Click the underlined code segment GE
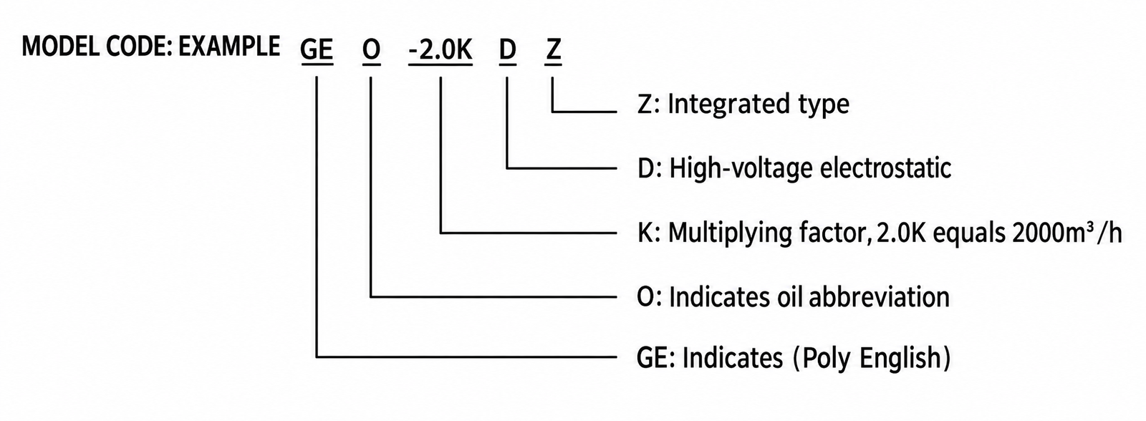point(317,51)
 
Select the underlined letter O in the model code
point(372,51)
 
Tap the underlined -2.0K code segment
point(440,51)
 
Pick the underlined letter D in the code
point(507,51)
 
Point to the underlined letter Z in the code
point(553,51)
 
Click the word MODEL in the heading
point(60,47)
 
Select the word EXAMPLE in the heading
point(228,47)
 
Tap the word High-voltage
point(741,169)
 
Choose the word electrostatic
point(885,168)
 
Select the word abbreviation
point(879,297)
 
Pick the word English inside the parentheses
point(900,358)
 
